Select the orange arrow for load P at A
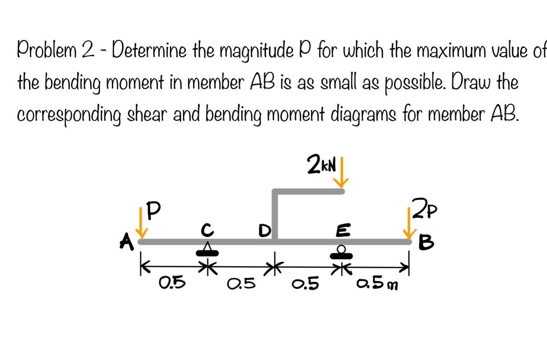tap(141, 223)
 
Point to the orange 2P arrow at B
tap(409, 224)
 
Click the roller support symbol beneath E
tap(342, 252)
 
